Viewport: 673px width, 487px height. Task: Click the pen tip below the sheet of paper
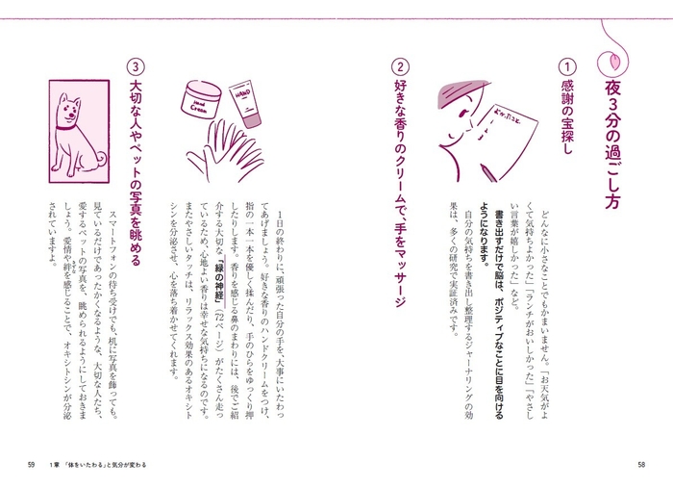tap(481, 179)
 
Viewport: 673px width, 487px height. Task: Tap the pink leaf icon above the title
tap(616, 58)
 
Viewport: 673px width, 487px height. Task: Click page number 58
tap(640, 466)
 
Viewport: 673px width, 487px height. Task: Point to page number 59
tap(33, 466)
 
